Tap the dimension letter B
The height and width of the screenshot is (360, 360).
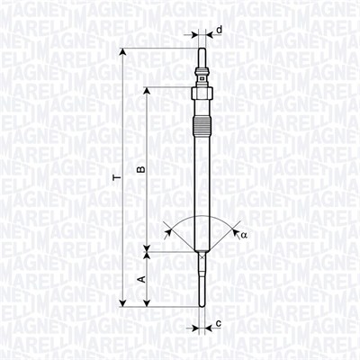point(139,168)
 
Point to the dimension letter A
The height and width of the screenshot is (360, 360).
point(139,280)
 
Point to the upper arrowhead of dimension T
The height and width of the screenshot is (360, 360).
point(123,51)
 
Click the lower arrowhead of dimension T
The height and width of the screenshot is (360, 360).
point(123,303)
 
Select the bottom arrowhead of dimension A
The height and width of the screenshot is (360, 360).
point(148,303)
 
